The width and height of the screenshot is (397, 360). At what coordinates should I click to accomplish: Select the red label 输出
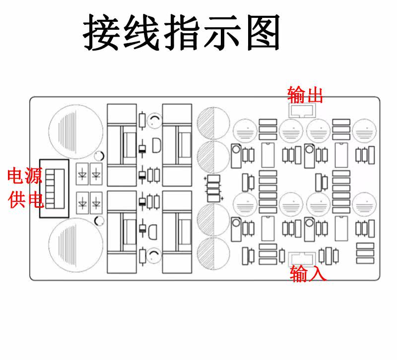coord(305,95)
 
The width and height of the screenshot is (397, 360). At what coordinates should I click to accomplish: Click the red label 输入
coord(308,274)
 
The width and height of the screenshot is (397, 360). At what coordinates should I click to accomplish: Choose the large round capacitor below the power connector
coord(73,245)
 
